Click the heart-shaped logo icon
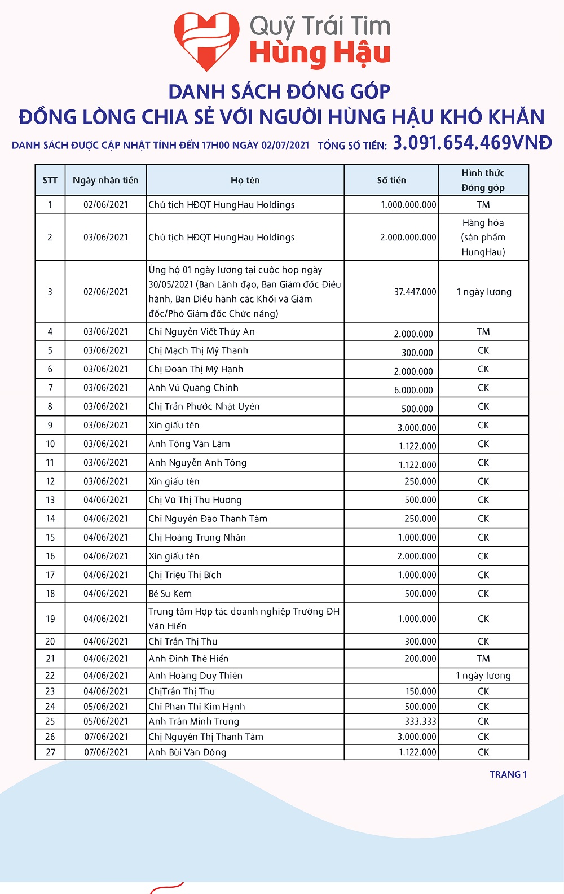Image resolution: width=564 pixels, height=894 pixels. click(206, 41)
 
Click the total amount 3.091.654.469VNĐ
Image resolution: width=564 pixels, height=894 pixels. click(472, 143)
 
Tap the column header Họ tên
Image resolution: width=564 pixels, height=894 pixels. click(245, 181)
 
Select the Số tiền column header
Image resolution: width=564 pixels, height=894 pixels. click(391, 181)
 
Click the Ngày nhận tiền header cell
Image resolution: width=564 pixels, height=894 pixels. click(105, 181)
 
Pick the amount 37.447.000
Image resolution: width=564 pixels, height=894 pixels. click(415, 292)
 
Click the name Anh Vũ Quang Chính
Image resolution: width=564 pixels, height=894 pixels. click(193, 388)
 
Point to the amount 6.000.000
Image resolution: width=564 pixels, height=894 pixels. click(413, 390)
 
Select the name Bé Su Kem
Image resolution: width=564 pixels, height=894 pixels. click(170, 594)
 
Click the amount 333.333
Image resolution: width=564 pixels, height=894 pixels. click(420, 721)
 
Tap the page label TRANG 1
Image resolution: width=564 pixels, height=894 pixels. click(508, 774)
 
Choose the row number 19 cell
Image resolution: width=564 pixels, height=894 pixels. click(50, 619)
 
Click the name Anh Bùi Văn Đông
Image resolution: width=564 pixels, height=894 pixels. click(187, 752)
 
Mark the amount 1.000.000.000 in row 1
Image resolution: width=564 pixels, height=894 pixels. click(408, 205)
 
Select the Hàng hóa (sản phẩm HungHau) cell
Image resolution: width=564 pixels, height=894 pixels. click(483, 237)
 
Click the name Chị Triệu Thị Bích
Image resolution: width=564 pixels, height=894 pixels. click(185, 575)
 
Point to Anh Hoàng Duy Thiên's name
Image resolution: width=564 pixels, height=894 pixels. click(196, 676)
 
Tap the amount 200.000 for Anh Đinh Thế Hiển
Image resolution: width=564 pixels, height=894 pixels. click(420, 659)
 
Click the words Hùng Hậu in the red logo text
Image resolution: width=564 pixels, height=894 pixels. click(320, 54)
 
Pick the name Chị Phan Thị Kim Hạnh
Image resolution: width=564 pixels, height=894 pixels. click(197, 707)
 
